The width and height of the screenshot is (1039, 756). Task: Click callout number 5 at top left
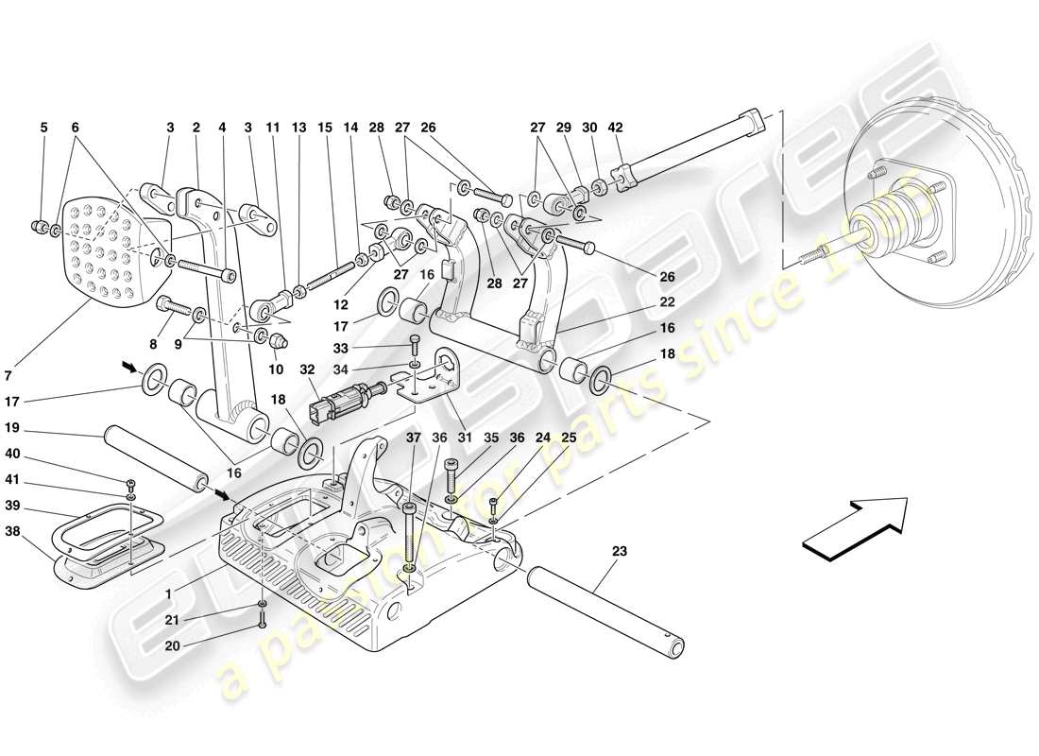pyautogui.click(x=43, y=128)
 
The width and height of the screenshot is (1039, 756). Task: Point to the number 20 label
pyautogui.click(x=173, y=646)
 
